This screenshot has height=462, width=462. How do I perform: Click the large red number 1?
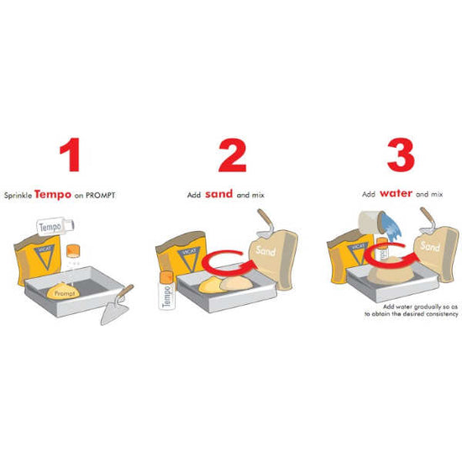pyautogui.click(x=71, y=155)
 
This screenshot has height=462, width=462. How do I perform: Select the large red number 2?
pyautogui.click(x=232, y=155)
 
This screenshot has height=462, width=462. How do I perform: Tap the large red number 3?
pyautogui.click(x=401, y=155)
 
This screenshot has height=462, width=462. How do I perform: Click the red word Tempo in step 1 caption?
pyautogui.click(x=53, y=195)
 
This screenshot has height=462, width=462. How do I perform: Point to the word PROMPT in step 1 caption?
pyautogui.click(x=101, y=196)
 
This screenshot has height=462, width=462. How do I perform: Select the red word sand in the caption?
pyautogui.click(x=219, y=194)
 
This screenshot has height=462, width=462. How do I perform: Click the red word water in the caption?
pyautogui.click(x=396, y=193)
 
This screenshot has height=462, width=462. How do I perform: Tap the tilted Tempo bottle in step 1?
pyautogui.click(x=55, y=226)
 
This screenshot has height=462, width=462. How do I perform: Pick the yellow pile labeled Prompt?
pyautogui.click(x=63, y=291)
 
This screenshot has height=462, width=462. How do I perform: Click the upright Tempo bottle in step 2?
pyautogui.click(x=167, y=291)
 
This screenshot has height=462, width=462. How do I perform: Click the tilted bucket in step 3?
pyautogui.click(x=372, y=223)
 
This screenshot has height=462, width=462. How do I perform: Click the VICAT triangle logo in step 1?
pyautogui.click(x=45, y=256)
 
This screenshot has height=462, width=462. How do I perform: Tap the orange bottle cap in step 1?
pyautogui.click(x=73, y=250)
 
